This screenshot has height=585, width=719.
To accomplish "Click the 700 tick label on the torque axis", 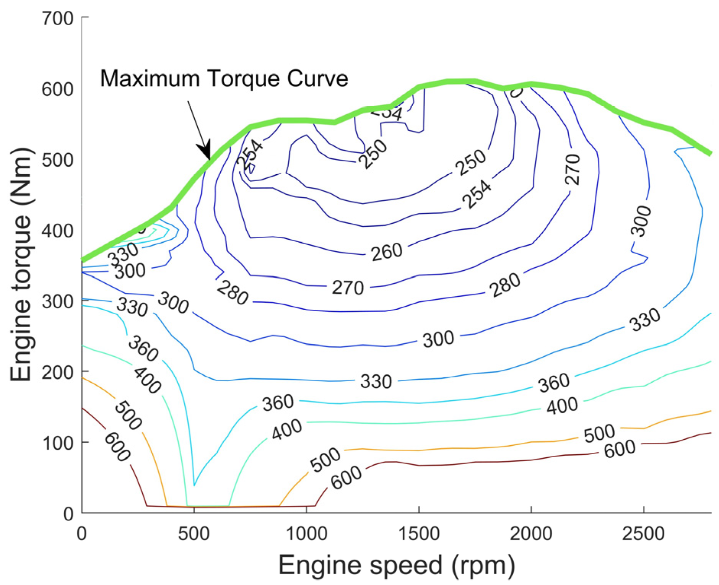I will [57, 18].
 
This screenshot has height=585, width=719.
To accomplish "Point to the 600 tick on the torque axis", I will [57, 89].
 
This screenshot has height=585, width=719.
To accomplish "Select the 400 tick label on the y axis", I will [57, 231].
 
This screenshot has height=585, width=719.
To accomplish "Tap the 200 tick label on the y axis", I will [57, 372].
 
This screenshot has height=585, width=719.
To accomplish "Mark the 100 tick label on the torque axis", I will [57, 443].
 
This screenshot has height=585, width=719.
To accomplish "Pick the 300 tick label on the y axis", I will [57, 302].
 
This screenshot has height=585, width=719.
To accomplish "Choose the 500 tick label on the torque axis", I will [57, 160].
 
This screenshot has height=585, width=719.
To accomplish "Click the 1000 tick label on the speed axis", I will [306, 534].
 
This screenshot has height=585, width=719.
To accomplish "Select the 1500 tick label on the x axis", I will [419, 534].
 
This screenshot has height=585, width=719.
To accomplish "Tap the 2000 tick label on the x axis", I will [531, 534].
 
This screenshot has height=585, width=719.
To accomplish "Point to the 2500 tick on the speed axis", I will [643, 534].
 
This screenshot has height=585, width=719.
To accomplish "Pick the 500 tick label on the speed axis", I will [194, 534].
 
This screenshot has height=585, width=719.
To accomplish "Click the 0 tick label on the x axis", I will [81, 534].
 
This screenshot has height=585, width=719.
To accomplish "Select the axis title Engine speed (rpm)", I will [396, 565].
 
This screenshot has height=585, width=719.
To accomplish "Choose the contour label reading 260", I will [386, 252].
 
